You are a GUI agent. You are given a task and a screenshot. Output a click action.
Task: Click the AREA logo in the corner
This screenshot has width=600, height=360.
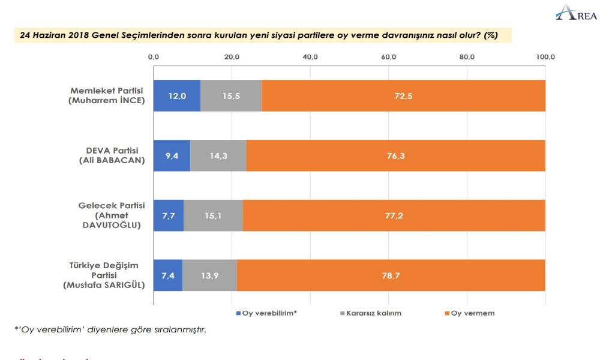tap(575, 13)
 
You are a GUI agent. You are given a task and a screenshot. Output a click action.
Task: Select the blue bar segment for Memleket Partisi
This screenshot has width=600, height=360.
tap(176, 95)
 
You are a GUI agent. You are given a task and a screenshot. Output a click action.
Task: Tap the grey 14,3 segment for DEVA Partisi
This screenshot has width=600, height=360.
tap(218, 155)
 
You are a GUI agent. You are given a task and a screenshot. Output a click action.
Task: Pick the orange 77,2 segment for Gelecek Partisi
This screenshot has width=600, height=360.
tap(394, 215)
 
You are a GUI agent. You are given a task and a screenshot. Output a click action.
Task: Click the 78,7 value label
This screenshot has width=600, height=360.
tap(391, 275)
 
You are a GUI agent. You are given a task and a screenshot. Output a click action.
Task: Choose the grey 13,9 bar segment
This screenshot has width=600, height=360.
tap(209, 275)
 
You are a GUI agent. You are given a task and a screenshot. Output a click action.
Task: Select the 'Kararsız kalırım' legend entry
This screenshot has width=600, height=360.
tap(371, 313)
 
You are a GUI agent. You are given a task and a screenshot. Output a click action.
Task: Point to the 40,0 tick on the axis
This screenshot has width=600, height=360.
tap(310, 57)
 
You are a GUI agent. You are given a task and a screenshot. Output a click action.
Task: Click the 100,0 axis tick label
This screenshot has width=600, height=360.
tap(545, 57)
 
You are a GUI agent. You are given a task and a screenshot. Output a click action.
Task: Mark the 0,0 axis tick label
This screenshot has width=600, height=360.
tap(153, 57)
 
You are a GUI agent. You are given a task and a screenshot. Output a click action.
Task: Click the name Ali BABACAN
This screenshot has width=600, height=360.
tap(112, 161)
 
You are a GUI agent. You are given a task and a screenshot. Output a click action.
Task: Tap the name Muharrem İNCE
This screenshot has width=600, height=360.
tap(106, 101)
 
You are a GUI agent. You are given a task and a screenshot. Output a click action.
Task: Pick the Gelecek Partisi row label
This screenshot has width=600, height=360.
tap(112, 206)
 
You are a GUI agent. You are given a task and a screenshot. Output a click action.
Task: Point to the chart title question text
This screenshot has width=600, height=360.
tap(259, 35)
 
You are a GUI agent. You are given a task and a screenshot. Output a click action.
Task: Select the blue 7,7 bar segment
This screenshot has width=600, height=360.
tap(168, 215)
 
